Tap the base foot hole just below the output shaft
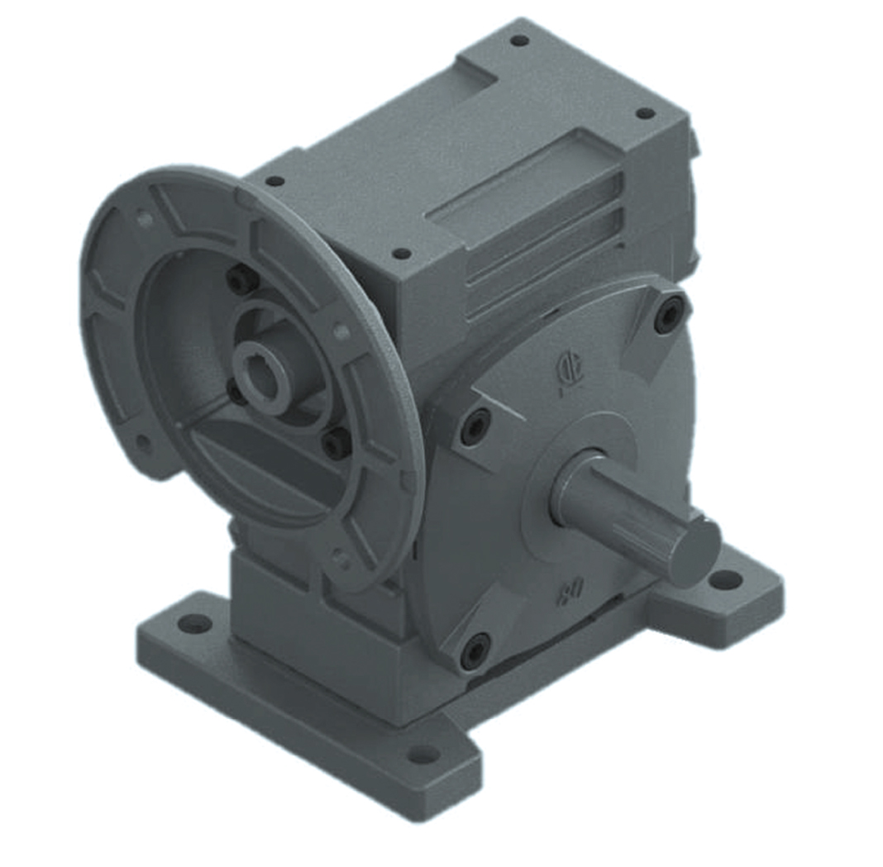(725, 579)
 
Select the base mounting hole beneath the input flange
(195, 623)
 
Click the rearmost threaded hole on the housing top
(519, 40)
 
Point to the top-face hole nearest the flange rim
(274, 181)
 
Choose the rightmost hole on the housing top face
(645, 113)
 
